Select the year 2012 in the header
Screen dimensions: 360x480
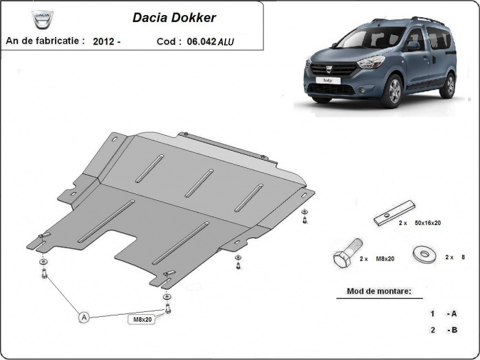point(104,41)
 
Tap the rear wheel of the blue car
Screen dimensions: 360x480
point(448,84)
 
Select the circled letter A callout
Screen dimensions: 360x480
point(84,317)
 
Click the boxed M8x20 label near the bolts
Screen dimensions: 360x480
point(143,319)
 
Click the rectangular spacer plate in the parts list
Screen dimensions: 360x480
point(395,212)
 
